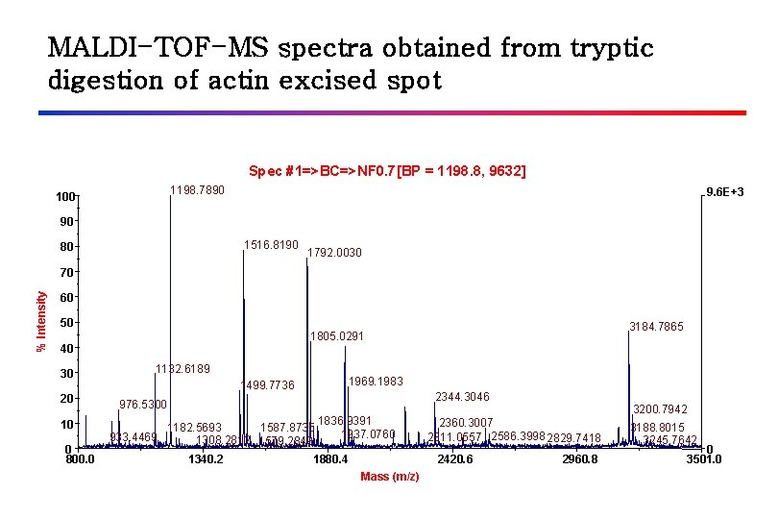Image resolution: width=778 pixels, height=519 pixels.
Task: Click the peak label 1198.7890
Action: [x=197, y=190]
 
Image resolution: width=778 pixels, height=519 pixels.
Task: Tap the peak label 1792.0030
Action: [x=334, y=254]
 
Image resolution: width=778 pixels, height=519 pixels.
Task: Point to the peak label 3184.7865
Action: [x=656, y=327]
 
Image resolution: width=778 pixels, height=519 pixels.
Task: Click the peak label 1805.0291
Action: [x=337, y=337]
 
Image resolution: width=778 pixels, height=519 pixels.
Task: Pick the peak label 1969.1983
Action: [x=377, y=382]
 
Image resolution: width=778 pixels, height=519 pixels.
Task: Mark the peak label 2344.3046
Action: [x=463, y=397]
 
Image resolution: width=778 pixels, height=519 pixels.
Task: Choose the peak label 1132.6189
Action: [x=182, y=369]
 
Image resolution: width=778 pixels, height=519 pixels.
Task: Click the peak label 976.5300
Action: [x=143, y=404]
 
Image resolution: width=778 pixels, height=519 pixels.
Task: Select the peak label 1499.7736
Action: [x=267, y=386]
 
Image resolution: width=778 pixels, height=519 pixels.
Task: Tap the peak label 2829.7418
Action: [x=573, y=438]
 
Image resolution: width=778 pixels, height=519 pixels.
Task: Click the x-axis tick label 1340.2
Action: [x=206, y=460]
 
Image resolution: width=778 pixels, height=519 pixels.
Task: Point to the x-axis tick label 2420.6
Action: [x=454, y=460]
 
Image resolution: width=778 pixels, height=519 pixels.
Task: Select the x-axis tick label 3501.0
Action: [x=704, y=460]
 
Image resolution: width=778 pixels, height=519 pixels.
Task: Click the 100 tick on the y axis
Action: [x=64, y=197]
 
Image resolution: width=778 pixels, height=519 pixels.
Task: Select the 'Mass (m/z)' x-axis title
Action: [x=389, y=477]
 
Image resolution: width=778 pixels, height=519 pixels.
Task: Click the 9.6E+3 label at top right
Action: [x=724, y=193]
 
